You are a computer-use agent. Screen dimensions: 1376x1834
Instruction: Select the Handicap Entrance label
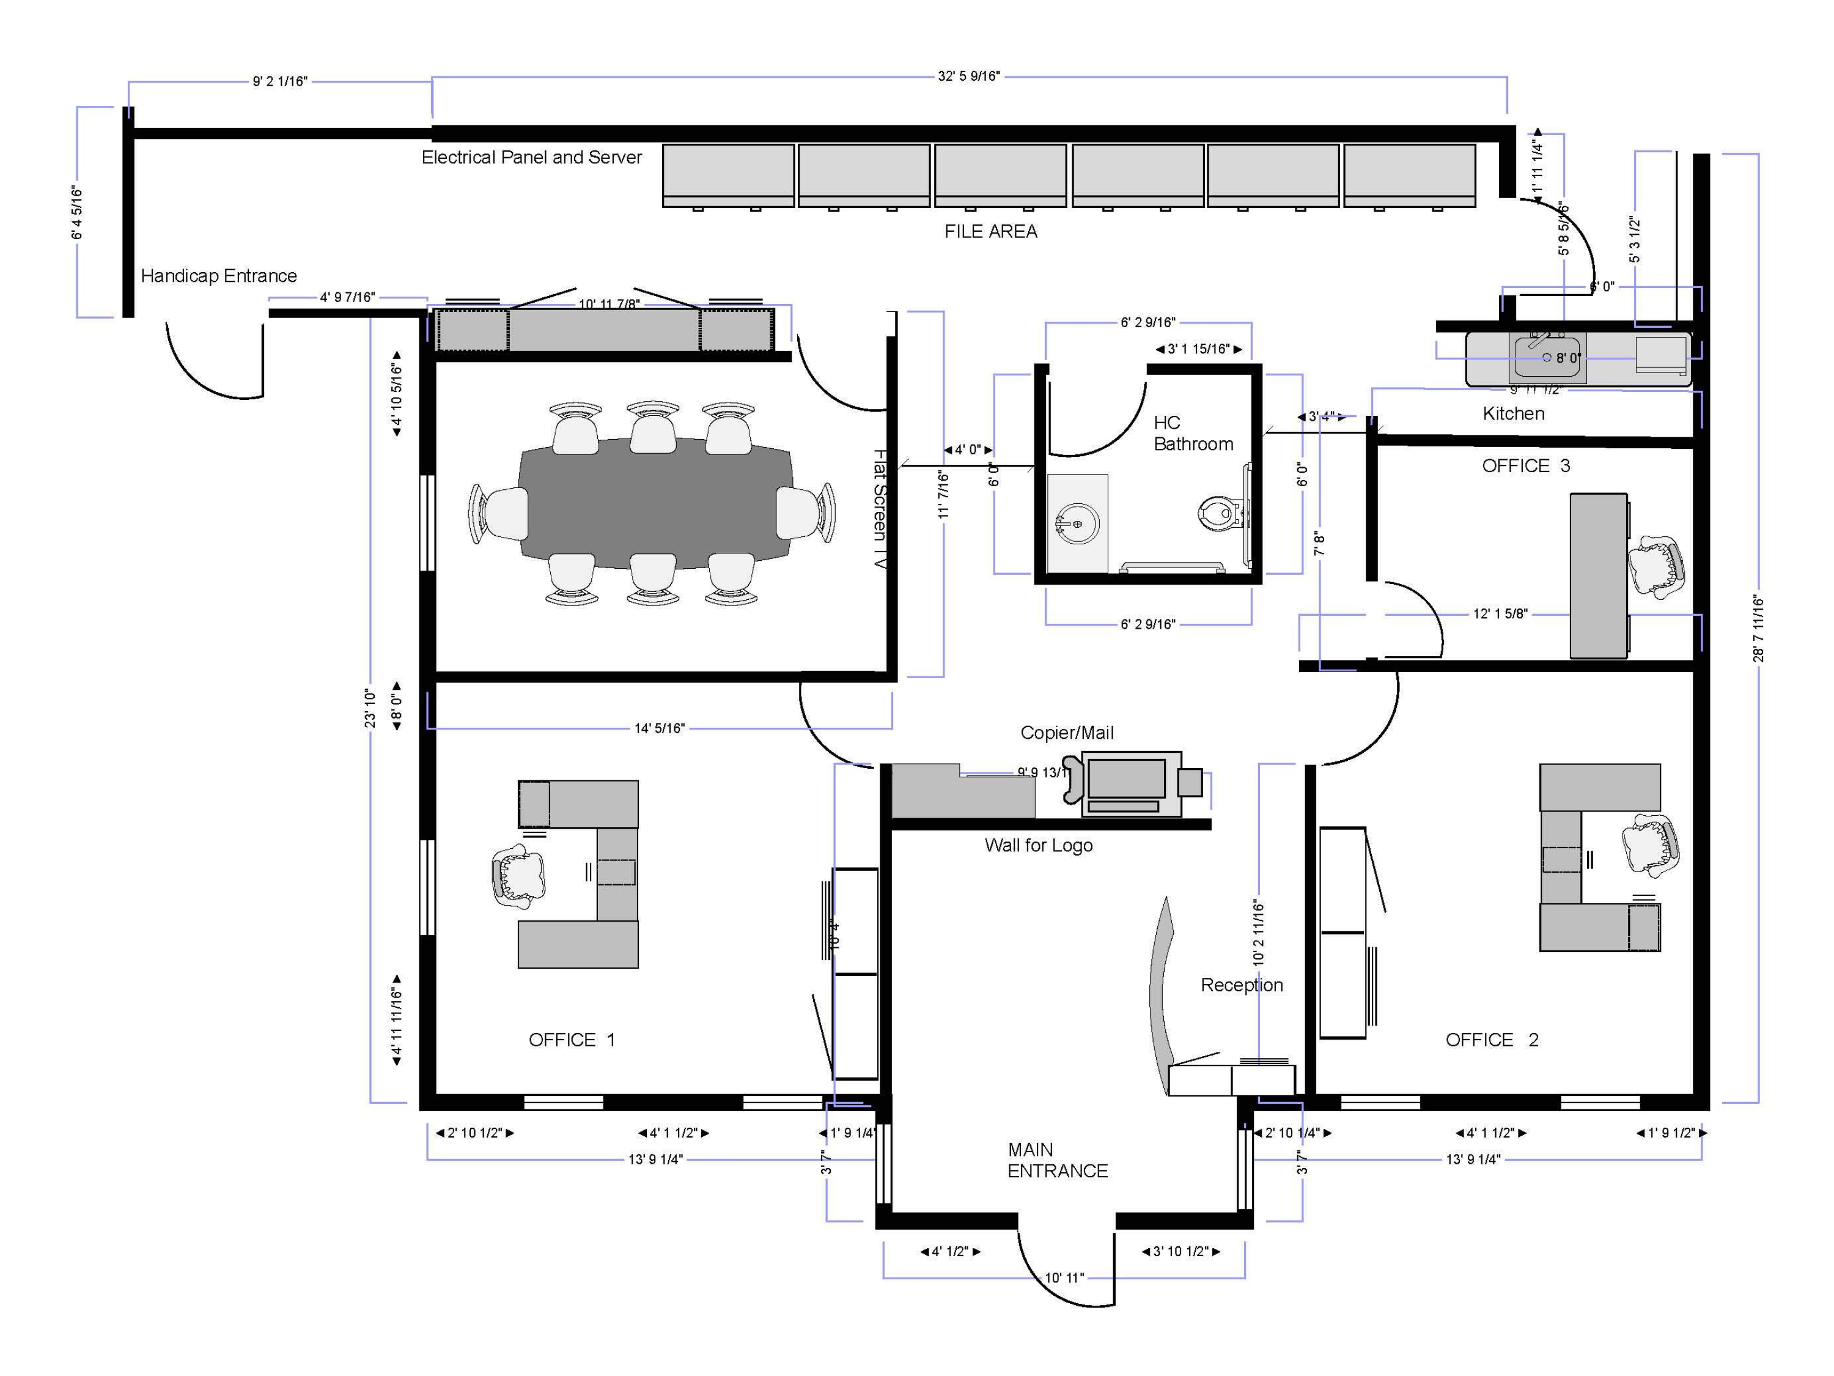(x=219, y=275)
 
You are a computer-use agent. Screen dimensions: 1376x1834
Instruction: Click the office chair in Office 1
(x=518, y=878)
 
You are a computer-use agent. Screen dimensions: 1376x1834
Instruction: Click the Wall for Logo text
(x=1038, y=845)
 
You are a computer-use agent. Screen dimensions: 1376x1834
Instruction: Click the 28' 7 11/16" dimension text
(x=1758, y=629)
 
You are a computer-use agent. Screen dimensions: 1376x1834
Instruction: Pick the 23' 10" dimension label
(x=370, y=708)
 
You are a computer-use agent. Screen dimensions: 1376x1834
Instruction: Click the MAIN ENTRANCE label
(x=1056, y=1160)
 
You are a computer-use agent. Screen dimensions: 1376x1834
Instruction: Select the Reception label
(x=1241, y=985)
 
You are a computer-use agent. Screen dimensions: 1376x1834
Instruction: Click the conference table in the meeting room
(x=655, y=503)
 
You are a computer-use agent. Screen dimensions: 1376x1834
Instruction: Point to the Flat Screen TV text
(x=880, y=508)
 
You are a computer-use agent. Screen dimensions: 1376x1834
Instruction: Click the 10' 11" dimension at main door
(x=1064, y=1278)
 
